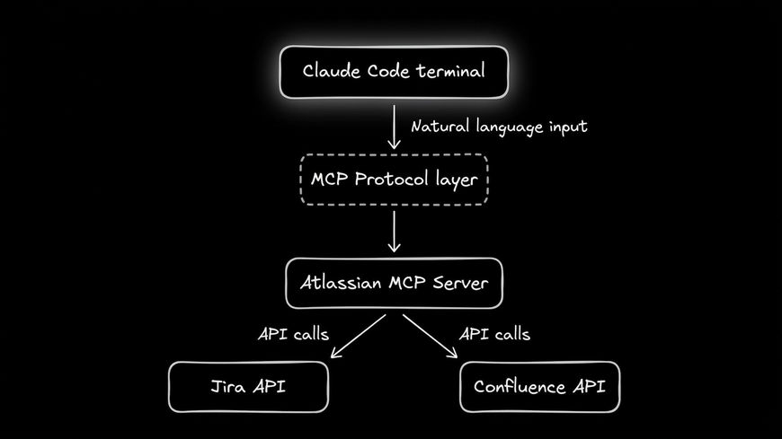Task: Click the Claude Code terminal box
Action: [x=394, y=72]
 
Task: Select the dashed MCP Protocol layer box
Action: [x=394, y=180]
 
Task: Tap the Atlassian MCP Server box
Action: [x=394, y=284]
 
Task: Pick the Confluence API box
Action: [x=539, y=387]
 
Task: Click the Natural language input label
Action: [x=499, y=127]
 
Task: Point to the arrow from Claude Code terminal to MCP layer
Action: [x=394, y=126]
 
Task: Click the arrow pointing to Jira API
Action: [x=358, y=336]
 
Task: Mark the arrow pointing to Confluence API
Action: [x=430, y=336]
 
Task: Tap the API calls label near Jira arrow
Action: [x=293, y=335]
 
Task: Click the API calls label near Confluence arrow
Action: [x=494, y=335]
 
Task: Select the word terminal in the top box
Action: [x=449, y=71]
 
